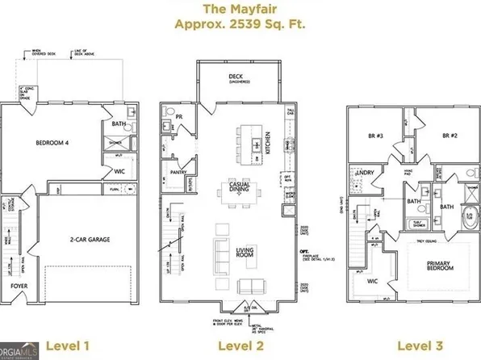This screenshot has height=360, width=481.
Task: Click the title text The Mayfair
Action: [x=240, y=9]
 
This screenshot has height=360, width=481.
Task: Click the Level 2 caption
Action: [x=240, y=346]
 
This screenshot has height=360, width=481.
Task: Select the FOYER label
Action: [x=19, y=286]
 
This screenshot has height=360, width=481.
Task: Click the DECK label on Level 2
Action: [x=237, y=77]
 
